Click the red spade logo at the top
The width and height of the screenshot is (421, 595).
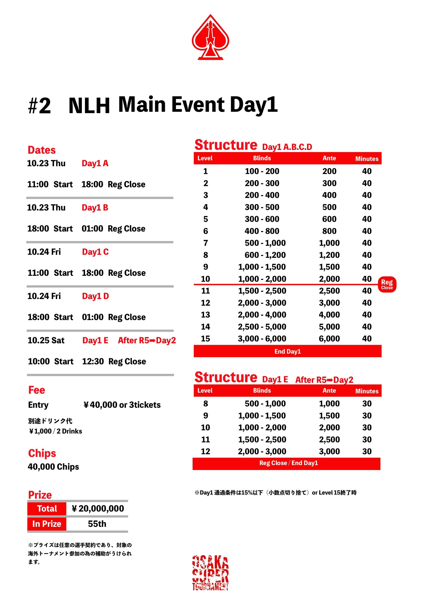[210, 38]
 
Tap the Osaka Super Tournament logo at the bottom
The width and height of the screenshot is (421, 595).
[210, 573]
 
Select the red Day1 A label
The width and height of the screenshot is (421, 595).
[95, 163]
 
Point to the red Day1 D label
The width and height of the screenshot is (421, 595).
[95, 296]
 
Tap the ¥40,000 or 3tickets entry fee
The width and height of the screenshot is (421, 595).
[122, 405]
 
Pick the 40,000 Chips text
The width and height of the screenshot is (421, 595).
[53, 467]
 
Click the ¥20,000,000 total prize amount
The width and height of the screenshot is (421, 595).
[98, 509]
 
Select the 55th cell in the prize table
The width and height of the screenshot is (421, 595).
[97, 524]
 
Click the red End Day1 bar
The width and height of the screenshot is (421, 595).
[287, 351]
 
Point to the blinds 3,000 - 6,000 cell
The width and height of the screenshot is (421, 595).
[262, 339]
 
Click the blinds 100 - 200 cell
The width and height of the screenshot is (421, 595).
[262, 171]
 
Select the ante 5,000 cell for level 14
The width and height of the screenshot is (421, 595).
[329, 327]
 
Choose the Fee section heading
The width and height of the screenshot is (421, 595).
[37, 390]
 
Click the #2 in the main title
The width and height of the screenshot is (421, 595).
[39, 106]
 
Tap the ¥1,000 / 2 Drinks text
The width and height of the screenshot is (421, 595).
[56, 431]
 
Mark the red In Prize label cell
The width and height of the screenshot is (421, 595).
[47, 524]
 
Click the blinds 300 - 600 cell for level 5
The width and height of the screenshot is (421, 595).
[262, 219]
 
